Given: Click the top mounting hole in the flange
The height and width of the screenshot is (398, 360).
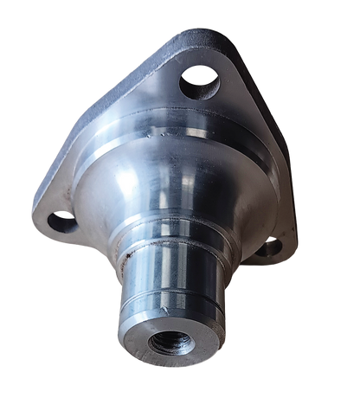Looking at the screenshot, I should (x=198, y=83).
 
